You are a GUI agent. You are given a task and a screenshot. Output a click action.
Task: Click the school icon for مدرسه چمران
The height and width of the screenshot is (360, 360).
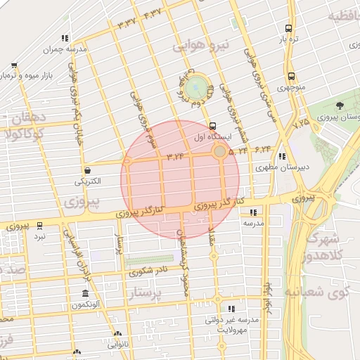pyautogui.click(x=65, y=39)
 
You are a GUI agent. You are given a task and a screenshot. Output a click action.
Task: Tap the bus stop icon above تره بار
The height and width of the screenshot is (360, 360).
pyautogui.click(x=289, y=29)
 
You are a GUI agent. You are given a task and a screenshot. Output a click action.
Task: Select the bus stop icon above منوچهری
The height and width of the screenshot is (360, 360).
pyautogui.click(x=290, y=77)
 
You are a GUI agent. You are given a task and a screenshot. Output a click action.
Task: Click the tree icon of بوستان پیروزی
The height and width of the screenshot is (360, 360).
pyautogui.click(x=340, y=105)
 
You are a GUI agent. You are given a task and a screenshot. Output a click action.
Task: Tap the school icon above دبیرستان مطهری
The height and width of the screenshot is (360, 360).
pyautogui.click(x=281, y=157)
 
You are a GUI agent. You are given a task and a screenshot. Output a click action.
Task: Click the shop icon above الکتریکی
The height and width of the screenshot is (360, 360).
pyautogui.click(x=87, y=169)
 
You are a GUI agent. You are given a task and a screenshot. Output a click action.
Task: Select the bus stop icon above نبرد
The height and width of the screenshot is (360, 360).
pyautogui.click(x=39, y=226)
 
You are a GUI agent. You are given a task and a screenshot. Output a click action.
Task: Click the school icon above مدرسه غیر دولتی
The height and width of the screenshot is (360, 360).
pyautogui.click(x=231, y=309)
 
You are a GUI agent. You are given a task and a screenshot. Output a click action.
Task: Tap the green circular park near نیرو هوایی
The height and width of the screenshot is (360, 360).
pyautogui.click(x=198, y=88)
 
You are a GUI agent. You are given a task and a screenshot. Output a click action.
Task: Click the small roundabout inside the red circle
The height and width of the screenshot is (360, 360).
pyautogui.click(x=220, y=151)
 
